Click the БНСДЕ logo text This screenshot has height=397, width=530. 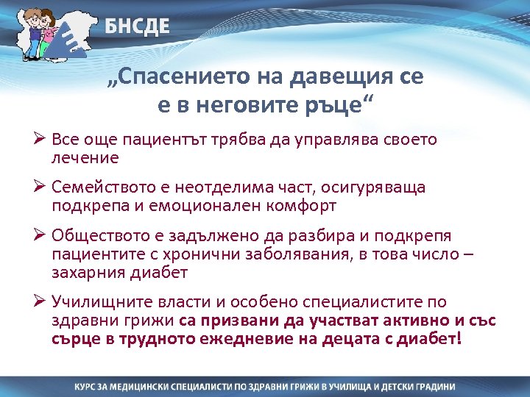click(x=137, y=27)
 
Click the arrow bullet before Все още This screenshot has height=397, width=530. click(x=40, y=139)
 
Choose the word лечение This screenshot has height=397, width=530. click(x=85, y=157)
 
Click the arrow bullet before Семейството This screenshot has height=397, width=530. click(x=40, y=187)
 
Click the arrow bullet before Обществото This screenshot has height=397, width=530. click(x=40, y=237)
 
